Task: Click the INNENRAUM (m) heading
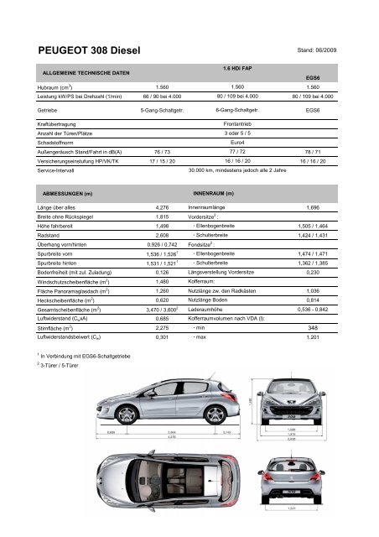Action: (213, 192)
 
